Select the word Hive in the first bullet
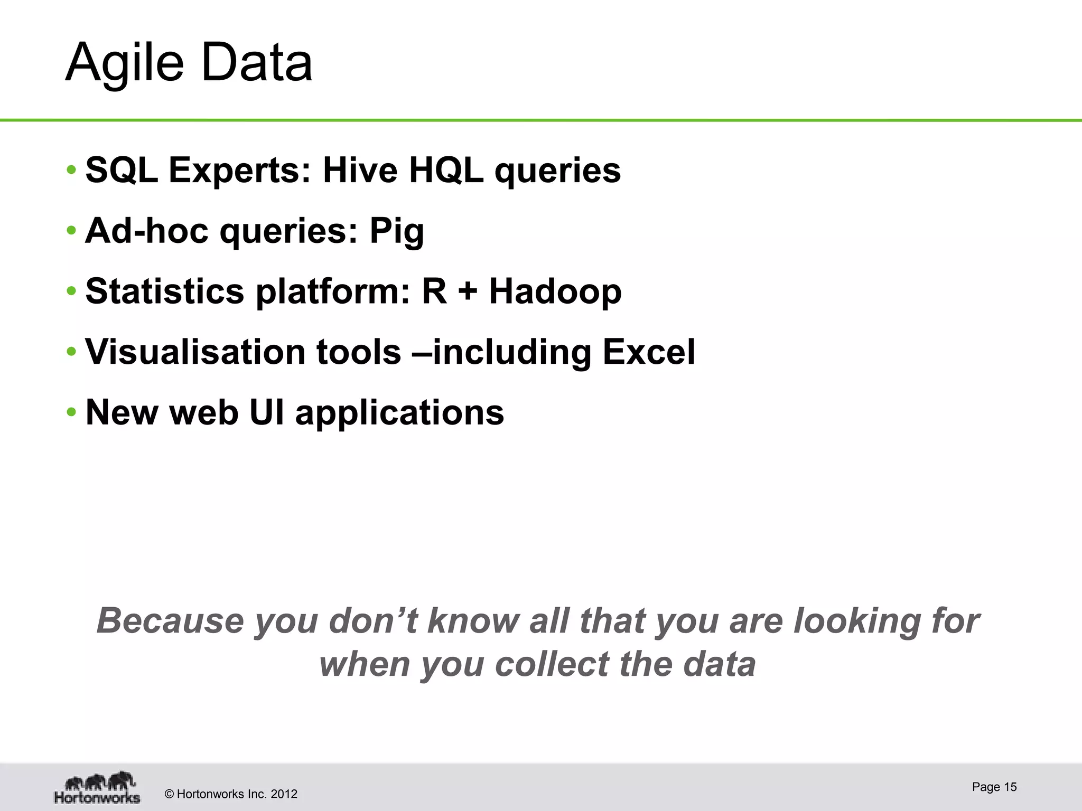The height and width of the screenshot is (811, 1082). (360, 170)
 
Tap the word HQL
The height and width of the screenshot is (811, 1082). (446, 170)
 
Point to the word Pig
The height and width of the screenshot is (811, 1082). (396, 231)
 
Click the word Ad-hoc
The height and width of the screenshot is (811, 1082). (146, 231)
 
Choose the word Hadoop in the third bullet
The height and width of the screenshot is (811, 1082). (555, 291)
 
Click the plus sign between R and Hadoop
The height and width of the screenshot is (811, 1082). (468, 292)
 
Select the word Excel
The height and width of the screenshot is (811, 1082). (649, 352)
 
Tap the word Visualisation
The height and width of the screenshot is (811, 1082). (194, 352)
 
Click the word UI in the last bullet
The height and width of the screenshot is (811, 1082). (267, 412)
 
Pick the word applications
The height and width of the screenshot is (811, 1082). (399, 413)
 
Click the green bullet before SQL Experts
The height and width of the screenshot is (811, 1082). (71, 171)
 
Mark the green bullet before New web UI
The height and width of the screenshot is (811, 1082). (71, 412)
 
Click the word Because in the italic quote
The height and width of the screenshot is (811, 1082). (170, 620)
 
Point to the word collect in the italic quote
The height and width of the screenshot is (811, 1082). (552, 664)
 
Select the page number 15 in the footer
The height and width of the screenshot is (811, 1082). (1010, 787)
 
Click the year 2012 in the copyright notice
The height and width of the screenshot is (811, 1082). (284, 794)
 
